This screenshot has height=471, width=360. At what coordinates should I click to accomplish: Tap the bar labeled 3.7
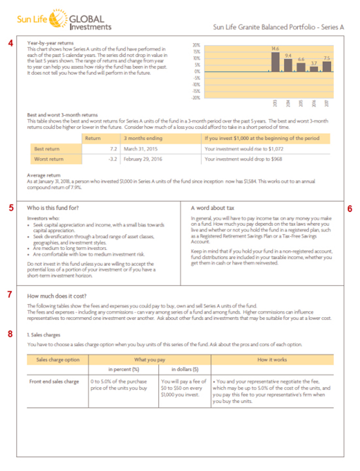(314, 68)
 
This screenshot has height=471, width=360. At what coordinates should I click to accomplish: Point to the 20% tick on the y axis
(197, 45)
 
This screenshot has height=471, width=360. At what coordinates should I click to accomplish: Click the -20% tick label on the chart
(196, 98)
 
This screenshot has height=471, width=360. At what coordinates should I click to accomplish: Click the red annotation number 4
(10, 43)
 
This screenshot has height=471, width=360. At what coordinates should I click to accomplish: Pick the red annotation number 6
(349, 208)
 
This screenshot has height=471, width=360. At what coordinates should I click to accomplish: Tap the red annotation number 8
(10, 334)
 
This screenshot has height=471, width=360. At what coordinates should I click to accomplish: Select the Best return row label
(46, 149)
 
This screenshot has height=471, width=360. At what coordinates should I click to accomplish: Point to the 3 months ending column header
(143, 138)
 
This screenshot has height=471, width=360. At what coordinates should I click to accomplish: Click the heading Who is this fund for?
(53, 207)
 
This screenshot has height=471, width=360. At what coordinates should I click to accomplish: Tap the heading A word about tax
(213, 207)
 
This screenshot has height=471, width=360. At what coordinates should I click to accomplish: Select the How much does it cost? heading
(57, 296)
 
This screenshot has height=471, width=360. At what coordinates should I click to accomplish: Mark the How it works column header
(272, 360)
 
